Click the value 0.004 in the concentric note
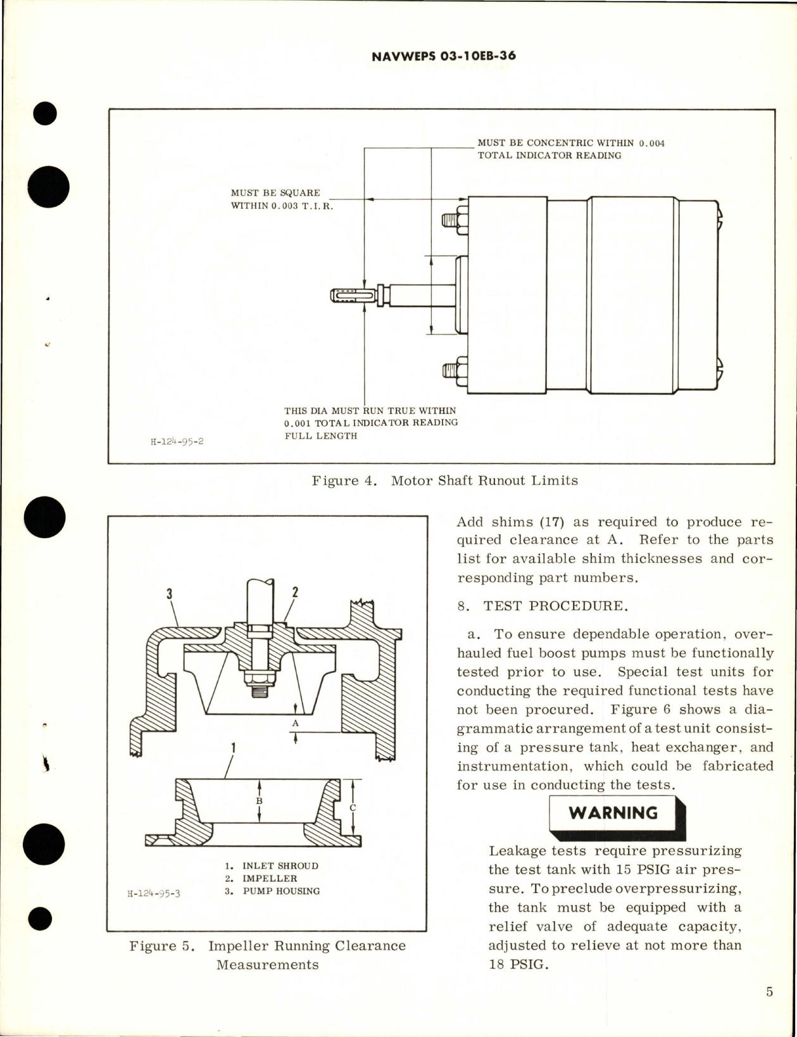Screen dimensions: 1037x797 pos(651,143)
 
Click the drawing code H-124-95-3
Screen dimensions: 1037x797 pos(154,894)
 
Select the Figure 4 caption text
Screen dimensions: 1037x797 pos(444,481)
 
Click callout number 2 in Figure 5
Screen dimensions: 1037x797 pos(294,593)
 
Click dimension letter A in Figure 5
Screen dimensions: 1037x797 pos(295,723)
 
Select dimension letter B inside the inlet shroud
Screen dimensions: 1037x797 pos(259,801)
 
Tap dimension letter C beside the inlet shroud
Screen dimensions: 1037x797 pos(353,808)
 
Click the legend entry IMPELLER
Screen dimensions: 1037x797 pos(269,878)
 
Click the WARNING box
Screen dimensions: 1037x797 pos(613,814)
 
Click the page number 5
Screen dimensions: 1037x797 pos(769,992)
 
